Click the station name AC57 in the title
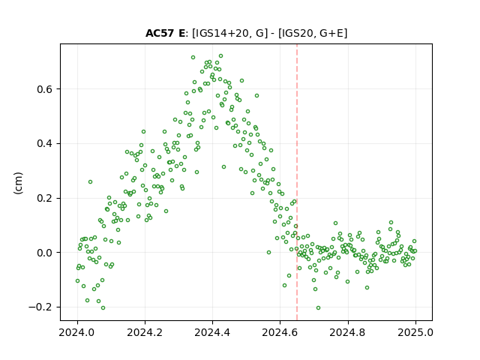point(160,33)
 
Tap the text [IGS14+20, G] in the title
point(228,33)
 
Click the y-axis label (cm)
point(18,183)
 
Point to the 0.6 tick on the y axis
point(45,89)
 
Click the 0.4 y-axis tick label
point(45,143)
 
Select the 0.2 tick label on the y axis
point(45,198)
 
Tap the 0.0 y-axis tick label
point(45,253)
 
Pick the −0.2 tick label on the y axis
point(40,307)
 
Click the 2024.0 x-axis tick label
point(77,332)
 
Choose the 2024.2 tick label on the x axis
point(145,332)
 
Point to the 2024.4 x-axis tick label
point(212,332)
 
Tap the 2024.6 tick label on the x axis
point(280,332)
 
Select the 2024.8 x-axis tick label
point(348,332)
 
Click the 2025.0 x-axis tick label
point(415,332)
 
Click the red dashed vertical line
point(297,182)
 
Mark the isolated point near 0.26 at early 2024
point(90,181)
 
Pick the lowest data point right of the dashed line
point(318,308)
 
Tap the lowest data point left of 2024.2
point(103,308)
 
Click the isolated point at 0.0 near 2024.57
point(268,253)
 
